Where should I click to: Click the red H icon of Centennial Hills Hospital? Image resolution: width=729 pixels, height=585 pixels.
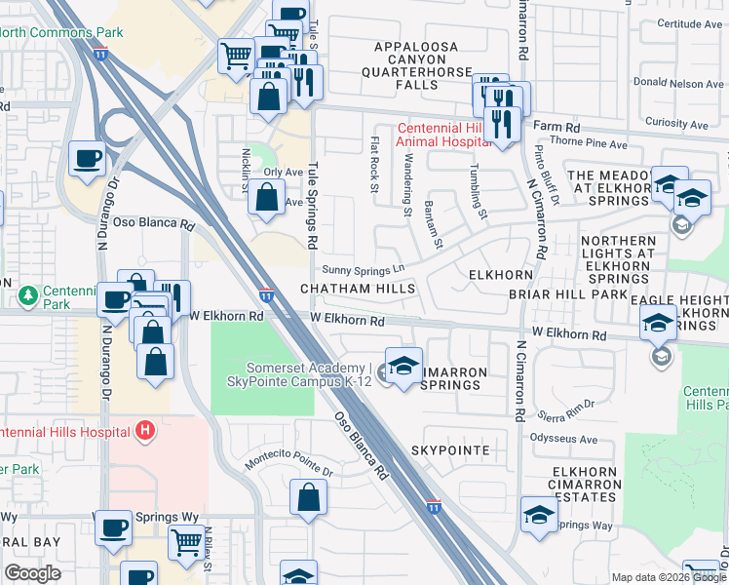point(145,430)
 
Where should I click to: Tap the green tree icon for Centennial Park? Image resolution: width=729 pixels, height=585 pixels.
point(28,293)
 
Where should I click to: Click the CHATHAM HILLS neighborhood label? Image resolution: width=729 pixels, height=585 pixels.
point(357,289)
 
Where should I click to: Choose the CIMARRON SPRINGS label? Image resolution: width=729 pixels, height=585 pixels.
point(437,384)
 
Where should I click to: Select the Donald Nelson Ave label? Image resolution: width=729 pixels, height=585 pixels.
point(678,84)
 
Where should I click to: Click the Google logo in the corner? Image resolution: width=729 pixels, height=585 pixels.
point(32,572)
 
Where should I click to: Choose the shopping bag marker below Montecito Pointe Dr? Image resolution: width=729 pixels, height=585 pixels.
point(308,496)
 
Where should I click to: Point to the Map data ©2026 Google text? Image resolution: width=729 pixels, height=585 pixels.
point(651,577)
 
